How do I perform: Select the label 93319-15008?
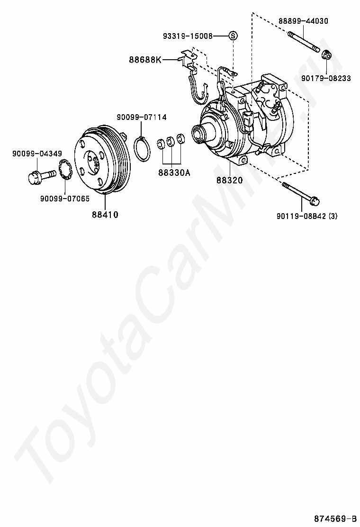tap(188, 36)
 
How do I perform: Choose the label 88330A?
tap(174, 173)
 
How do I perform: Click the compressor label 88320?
tap(230, 180)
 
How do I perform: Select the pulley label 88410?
tap(105, 214)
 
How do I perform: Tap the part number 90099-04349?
tap(37, 154)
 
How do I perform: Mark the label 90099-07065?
tap(65, 199)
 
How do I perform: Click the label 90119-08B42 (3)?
tap(307, 216)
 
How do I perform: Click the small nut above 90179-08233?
tap(326, 56)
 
